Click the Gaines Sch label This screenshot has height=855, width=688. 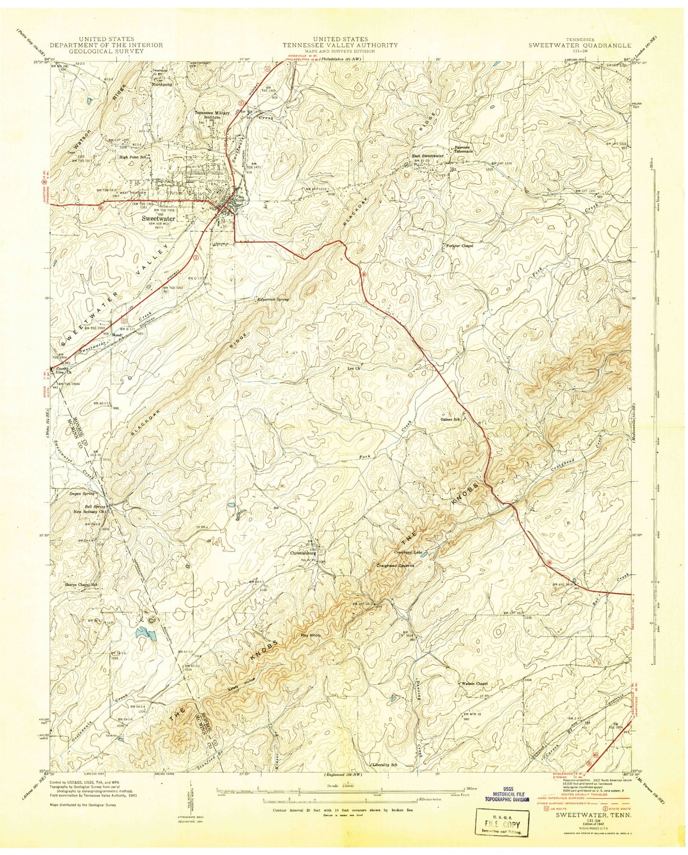point(450,420)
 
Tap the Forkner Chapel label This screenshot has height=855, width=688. point(459,246)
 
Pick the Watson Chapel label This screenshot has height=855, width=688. point(475,684)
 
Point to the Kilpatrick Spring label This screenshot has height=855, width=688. point(273,300)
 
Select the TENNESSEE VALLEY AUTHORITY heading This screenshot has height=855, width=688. point(340,45)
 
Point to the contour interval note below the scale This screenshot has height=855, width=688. point(343,809)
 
